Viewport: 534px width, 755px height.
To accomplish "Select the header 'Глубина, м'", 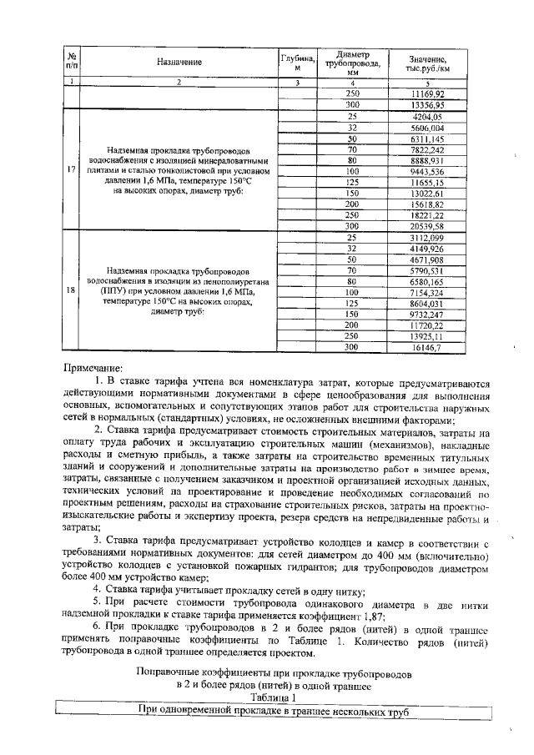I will pyautogui.click(x=298, y=62).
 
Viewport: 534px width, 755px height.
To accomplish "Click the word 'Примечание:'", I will pyautogui.click(x=92, y=366).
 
